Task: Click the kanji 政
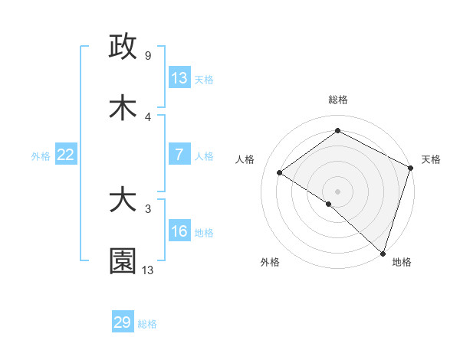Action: tap(123, 47)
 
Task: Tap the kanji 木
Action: tap(123, 108)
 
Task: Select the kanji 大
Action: tap(123, 200)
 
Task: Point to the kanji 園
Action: tap(123, 261)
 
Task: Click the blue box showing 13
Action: tap(179, 77)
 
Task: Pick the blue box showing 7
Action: tap(179, 154)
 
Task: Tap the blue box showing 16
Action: tap(179, 231)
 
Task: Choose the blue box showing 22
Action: tap(65, 154)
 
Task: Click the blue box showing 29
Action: tap(123, 322)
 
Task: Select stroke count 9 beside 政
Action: tap(147, 56)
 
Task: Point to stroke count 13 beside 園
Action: tap(148, 270)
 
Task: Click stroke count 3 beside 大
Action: tap(147, 208)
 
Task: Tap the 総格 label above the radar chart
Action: tap(338, 100)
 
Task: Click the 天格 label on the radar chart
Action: tap(431, 159)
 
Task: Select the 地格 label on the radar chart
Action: tap(402, 262)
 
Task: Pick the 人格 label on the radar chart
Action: tap(245, 159)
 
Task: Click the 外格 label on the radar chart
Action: tap(270, 262)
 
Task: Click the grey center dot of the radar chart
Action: tap(338, 191)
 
